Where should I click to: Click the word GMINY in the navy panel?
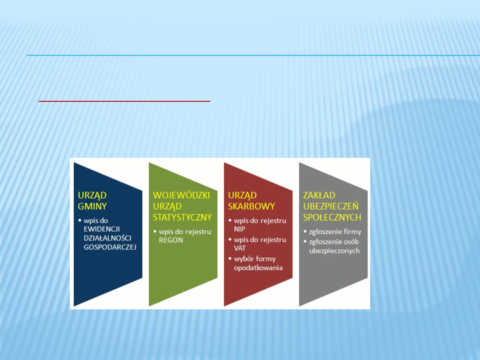point(92,206)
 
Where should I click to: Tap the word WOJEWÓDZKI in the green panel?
point(181,195)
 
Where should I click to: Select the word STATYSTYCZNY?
point(183,217)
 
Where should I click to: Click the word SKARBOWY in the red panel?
point(251,206)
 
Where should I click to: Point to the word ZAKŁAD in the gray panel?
point(319,195)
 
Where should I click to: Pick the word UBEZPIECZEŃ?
point(331,206)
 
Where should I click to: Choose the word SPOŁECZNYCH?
point(332,217)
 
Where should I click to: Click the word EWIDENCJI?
point(102,229)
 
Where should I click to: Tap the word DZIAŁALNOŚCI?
point(108,238)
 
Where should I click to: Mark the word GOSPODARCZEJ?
point(110,247)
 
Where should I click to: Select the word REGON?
point(171,240)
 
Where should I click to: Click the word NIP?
point(240,229)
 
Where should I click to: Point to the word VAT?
point(240,248)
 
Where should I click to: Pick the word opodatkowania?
point(258,268)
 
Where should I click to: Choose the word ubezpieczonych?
point(334,251)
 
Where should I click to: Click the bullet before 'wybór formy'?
point(230,259)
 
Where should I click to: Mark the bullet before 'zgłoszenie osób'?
point(305,241)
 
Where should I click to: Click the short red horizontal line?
point(124,101)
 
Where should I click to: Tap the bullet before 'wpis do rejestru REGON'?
point(155,232)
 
